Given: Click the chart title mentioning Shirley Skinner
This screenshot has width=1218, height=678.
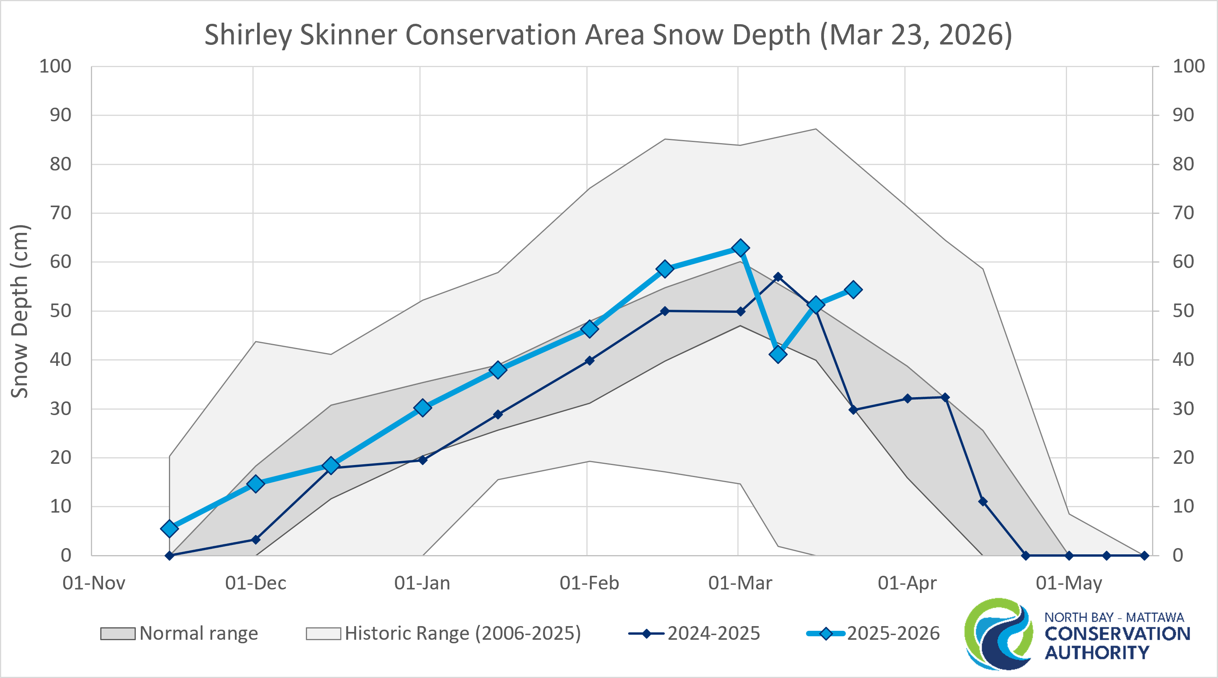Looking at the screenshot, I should pos(608,35).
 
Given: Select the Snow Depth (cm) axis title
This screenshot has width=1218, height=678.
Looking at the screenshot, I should pos(20,311).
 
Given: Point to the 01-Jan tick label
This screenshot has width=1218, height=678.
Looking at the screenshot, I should pos(422,583).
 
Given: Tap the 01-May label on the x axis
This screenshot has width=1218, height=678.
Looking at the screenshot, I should pos(1069,583).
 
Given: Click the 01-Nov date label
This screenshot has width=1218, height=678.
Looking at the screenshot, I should pos(94,583).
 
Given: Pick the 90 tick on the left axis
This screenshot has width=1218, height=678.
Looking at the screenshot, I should pos(60,115).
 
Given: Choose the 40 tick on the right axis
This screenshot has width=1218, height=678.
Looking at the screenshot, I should pos(1183,360).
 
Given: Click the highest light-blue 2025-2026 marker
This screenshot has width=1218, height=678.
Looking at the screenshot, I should pos(740,248).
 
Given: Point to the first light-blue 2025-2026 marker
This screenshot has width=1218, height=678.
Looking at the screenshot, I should pos(169,528).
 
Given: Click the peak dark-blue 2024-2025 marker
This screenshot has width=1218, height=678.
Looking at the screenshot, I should pos(778,277).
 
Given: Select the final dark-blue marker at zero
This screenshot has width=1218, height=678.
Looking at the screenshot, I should pos(1144,556).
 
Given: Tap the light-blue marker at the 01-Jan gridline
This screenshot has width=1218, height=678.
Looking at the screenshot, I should pos(423,408).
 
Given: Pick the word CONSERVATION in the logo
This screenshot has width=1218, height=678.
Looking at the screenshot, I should pos(1117,634).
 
